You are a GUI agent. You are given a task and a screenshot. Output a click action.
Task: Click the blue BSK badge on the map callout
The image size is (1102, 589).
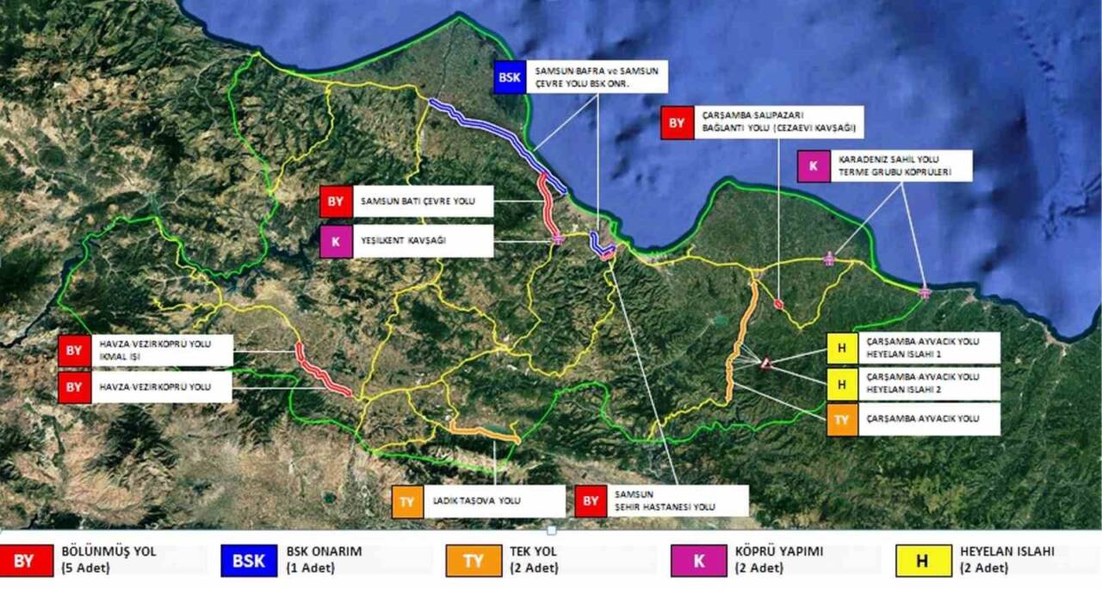pos(510,77)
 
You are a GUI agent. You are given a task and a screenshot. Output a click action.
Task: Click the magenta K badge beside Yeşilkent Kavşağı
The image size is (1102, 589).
pos(335,242)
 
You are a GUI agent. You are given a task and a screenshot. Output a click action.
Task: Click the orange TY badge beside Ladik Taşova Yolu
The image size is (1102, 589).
pos(407,501)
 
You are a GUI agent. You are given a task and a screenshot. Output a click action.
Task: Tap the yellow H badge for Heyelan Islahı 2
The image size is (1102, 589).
pos(842,383)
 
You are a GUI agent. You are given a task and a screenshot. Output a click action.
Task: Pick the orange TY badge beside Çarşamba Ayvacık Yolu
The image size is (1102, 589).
pos(842,419)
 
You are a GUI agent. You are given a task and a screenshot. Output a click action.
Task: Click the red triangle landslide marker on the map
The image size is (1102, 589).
pos(765,364)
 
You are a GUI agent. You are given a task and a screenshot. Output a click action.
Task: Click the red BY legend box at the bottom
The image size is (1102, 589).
pos(23,561)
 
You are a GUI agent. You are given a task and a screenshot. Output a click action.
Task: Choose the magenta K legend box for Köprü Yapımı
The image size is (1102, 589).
pos(698,561)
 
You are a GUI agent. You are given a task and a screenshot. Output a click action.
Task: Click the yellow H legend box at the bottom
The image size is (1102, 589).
pos(922,561)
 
